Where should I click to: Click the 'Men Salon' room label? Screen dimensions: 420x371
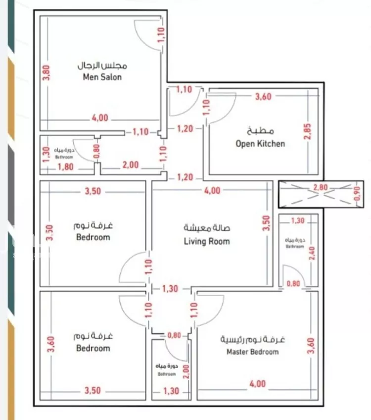click(102, 77)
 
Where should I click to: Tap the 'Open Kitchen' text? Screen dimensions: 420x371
click(260, 144)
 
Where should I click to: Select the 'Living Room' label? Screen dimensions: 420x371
click(207, 241)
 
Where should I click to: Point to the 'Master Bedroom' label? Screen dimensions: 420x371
click(252, 352)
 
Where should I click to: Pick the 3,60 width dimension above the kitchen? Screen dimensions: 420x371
click(263, 97)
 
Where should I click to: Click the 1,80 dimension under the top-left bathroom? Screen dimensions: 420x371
click(65, 167)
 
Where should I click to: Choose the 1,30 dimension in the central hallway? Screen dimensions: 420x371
click(170, 289)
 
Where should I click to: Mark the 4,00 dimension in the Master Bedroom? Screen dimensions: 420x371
click(257, 383)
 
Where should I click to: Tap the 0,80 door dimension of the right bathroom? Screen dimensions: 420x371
click(293, 284)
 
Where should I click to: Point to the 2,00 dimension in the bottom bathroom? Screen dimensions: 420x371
click(185, 370)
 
